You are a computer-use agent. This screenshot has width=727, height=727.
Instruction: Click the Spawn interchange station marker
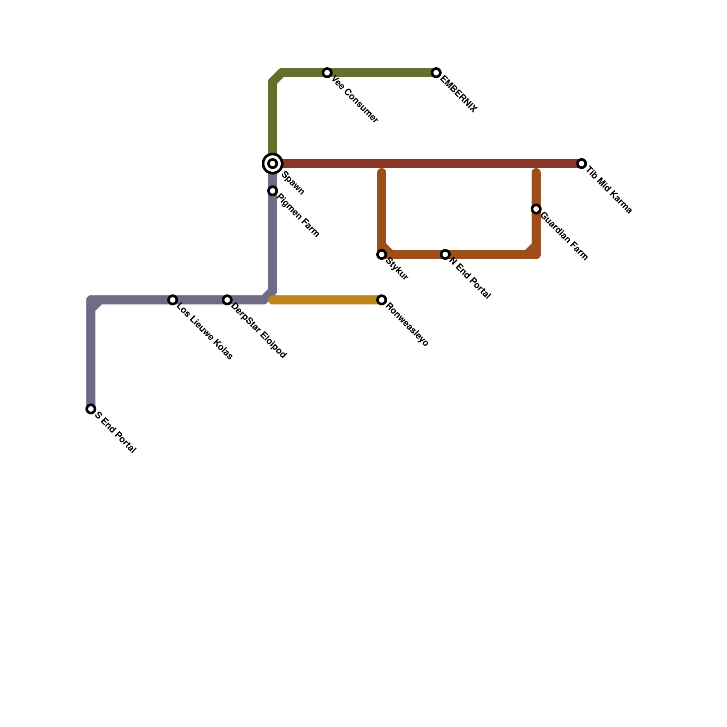tap(273, 164)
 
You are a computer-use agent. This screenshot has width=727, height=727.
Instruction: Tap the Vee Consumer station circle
tap(327, 73)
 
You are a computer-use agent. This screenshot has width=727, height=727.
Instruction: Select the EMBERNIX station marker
tap(436, 73)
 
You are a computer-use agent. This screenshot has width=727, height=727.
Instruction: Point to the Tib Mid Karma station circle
tap(582, 164)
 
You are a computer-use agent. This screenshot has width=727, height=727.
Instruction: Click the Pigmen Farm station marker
tap(273, 191)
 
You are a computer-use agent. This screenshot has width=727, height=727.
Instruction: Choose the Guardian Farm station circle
tap(536, 209)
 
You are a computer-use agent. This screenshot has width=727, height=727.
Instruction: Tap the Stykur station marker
tap(382, 254)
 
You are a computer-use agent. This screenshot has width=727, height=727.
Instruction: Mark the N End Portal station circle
tap(445, 254)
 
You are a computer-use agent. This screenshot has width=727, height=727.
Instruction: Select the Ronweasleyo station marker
tap(382, 300)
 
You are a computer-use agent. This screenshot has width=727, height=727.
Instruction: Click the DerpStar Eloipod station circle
tap(227, 300)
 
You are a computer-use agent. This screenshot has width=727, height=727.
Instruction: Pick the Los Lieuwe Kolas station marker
tap(173, 300)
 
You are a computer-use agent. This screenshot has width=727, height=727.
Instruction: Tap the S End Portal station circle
tap(91, 409)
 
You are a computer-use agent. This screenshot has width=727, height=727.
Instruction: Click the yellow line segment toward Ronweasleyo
tap(327, 300)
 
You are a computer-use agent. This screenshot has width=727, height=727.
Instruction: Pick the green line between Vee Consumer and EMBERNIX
tap(382, 73)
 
